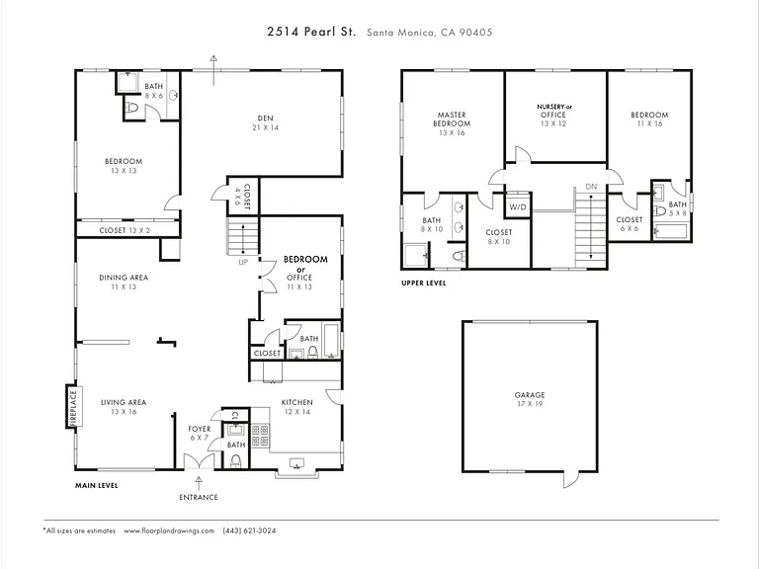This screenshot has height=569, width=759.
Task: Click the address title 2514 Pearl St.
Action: coord(311,32)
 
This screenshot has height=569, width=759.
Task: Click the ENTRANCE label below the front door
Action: coord(199,497)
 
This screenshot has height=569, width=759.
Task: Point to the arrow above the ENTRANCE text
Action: coord(198,483)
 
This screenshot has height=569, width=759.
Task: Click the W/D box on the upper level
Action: coord(518,206)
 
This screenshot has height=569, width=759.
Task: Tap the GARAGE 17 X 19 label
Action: coord(530,399)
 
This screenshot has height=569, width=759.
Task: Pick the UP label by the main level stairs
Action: coord(243,262)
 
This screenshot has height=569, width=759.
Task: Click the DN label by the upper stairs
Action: coord(591,187)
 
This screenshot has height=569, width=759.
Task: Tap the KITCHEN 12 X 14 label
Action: coord(297,407)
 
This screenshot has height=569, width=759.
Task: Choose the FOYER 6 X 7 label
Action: coord(200,433)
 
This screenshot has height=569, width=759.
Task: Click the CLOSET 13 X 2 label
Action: coord(125,230)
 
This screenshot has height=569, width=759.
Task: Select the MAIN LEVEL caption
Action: coord(96,485)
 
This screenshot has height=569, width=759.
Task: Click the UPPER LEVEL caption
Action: coord(424,284)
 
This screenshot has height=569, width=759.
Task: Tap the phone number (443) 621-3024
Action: coord(249,530)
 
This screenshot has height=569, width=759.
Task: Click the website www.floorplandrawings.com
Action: coord(168,530)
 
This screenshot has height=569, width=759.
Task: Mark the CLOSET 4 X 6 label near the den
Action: coord(243,196)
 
